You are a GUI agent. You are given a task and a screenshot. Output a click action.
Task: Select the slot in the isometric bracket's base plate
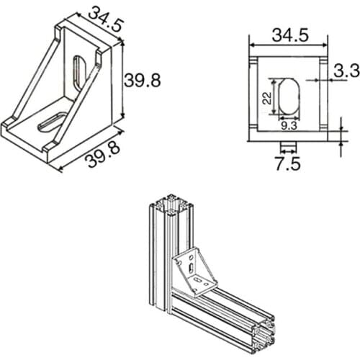[x=50, y=120]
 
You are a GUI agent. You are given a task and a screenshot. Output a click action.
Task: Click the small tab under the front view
[x=288, y=146]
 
